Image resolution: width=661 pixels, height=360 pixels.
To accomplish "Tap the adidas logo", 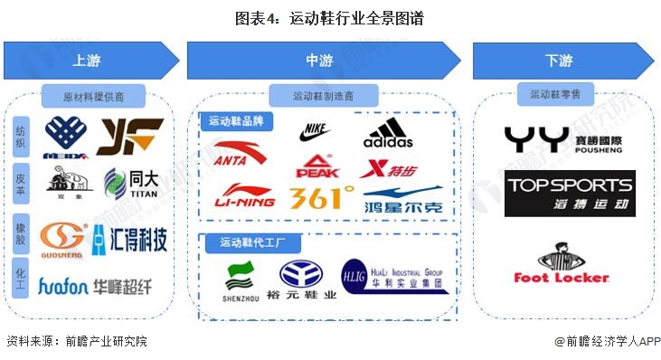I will (x=388, y=135).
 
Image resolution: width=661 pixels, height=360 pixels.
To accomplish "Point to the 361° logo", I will (x=322, y=197).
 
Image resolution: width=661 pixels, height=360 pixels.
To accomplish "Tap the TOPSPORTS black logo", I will (x=569, y=194).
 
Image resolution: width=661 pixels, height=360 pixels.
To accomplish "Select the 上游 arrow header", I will (x=88, y=61).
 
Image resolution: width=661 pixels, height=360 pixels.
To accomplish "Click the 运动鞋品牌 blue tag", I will (x=238, y=121).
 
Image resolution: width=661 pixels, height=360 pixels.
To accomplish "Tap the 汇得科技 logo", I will (x=128, y=239).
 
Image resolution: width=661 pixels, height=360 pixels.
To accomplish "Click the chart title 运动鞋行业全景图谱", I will (x=330, y=17).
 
